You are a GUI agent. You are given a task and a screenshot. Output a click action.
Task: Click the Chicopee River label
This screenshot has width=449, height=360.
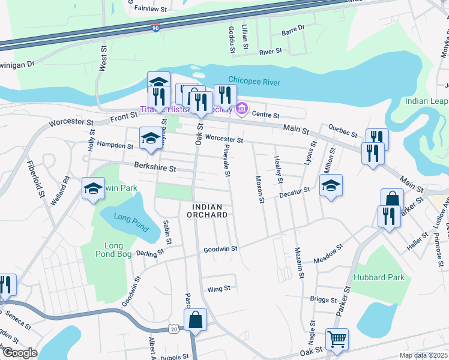coord(254,82)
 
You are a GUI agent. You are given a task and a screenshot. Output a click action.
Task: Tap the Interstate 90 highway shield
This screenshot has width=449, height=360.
coord(155,28)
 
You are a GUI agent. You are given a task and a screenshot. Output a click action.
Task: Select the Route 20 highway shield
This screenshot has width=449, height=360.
coord(174,329)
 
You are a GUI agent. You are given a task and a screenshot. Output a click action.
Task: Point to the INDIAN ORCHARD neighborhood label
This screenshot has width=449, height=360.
coord(207,210)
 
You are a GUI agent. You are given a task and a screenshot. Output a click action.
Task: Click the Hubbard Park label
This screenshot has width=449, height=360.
coord(379,277)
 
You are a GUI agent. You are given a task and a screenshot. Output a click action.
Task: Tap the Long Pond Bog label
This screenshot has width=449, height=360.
coord(114,251)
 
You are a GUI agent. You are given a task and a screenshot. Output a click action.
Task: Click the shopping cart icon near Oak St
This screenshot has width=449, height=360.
coord(337,339)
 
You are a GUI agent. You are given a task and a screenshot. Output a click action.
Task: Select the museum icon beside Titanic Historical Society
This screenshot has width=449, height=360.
coord(243,109)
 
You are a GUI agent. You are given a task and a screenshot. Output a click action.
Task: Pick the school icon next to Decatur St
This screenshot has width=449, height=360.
coord(331,186)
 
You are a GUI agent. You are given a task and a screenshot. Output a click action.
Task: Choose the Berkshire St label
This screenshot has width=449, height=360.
coord(155,169)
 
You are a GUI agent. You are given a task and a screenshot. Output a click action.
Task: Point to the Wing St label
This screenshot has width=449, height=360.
coord(218,289)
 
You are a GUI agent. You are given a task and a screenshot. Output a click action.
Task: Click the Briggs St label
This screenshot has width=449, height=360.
coord(324,299)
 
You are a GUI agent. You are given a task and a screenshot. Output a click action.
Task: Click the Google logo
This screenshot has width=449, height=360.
coord(20,353)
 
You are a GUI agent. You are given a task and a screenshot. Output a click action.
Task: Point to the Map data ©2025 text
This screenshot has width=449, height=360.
coord(423,355)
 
